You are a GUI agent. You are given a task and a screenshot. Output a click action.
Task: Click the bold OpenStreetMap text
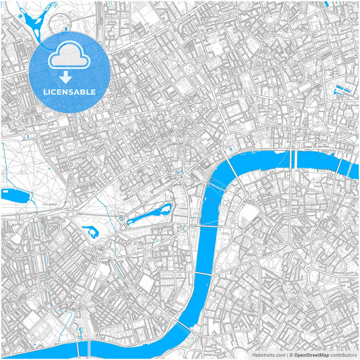point(311,354)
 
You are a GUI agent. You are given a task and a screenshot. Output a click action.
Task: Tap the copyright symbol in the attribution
point(291,354)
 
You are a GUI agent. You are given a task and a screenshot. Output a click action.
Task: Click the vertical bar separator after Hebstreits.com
point(286,354)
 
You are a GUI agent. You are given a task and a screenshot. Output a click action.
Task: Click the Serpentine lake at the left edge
point(15,195)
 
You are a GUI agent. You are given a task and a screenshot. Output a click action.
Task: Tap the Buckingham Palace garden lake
point(90,232)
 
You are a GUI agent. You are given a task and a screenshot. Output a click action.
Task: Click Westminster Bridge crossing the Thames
point(208,228)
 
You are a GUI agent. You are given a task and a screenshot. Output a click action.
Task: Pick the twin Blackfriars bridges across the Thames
point(294,160)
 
